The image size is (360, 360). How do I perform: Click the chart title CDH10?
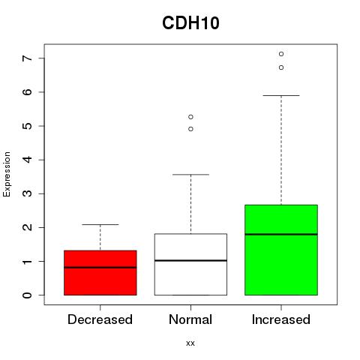point(190,23)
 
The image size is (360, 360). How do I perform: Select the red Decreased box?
point(100,272)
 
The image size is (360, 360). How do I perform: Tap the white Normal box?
point(190,264)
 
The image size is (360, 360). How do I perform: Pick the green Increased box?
point(281,250)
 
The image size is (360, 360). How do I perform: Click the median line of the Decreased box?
point(100,267)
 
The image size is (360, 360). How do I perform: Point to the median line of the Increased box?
point(281,234)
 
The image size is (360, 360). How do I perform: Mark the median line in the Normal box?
point(190,260)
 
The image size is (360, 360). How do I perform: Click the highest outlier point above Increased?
point(281,54)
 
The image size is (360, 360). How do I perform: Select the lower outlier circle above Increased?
point(281,67)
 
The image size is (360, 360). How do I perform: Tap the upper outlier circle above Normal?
point(190,117)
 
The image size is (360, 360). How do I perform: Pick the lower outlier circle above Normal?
point(190,129)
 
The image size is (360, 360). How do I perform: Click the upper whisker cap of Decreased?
point(100,224)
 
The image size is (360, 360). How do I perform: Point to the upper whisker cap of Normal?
point(190,175)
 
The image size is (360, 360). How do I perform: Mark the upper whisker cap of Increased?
point(281,95)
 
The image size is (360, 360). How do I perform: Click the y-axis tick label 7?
point(28,58)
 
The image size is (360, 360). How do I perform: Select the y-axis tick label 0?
point(28,295)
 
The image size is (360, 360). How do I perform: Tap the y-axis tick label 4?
point(28,160)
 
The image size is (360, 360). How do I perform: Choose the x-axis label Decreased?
point(100,319)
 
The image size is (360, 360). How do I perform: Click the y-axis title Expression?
point(7,174)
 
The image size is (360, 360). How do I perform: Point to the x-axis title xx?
point(190,343)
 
